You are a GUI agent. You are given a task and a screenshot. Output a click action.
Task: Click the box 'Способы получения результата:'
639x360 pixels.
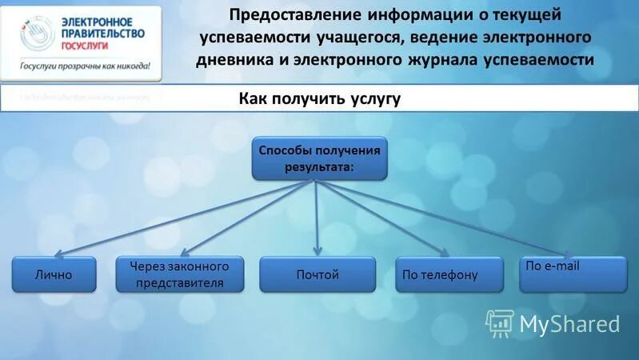pos(319,158)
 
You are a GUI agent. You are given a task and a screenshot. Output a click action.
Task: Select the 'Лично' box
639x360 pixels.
pos(54,274)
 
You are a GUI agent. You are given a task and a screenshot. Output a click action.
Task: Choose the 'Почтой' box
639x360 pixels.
pos(318,274)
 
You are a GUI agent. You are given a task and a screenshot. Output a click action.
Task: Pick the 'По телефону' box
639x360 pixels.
pos(449,274)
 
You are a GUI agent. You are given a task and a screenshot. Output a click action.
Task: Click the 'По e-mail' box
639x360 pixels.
pos(573,274)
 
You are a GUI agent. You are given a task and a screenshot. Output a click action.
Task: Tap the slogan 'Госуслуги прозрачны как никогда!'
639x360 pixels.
pos(86,66)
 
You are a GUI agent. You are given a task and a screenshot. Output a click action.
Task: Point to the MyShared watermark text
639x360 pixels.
pos(569,323)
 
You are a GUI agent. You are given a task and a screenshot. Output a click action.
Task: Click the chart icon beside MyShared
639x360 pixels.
pos(499,322)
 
